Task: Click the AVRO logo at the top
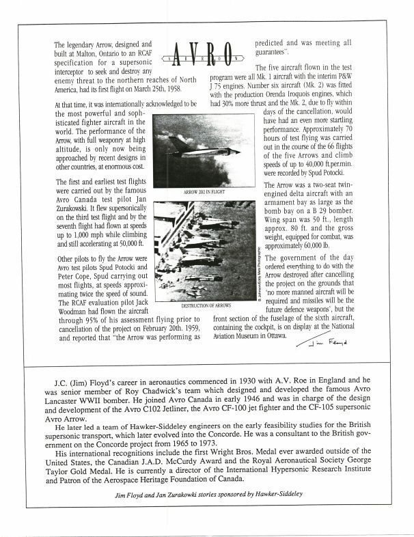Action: click(x=206, y=51)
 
